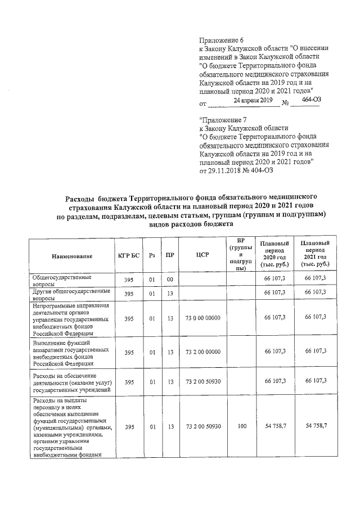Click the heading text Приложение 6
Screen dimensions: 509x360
[222, 40]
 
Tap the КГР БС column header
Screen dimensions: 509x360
[129, 256]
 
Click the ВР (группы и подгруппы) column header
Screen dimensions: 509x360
[241, 255]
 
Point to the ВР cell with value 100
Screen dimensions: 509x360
[241, 427]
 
